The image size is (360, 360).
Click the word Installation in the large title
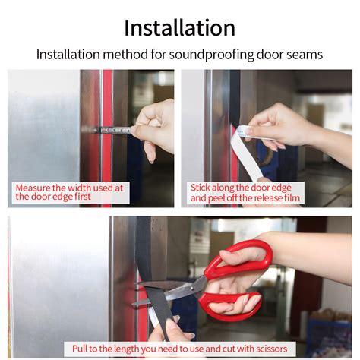179,28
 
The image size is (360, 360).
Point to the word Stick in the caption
200,188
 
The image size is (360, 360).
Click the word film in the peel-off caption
292,198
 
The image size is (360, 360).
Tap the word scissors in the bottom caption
271,349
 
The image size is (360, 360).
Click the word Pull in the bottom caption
80,349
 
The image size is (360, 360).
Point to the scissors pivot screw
193,288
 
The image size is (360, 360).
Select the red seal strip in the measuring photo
107,138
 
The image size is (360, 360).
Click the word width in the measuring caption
80,188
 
